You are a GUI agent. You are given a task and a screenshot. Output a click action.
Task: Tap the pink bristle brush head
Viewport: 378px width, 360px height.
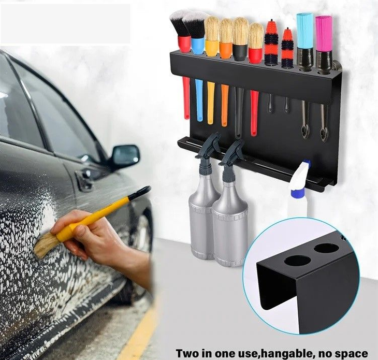324,33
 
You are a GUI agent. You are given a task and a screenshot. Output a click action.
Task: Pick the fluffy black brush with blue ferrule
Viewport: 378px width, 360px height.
196,33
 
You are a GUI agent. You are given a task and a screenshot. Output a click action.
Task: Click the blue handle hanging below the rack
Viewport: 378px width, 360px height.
199,100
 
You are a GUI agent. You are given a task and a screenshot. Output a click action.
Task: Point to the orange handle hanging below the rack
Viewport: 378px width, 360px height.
225,105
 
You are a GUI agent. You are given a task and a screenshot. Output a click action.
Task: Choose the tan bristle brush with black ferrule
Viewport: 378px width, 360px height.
241,38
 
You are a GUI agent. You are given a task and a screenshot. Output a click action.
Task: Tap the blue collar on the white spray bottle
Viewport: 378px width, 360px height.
298,193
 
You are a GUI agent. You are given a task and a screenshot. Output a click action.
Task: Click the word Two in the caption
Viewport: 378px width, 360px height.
187,354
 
